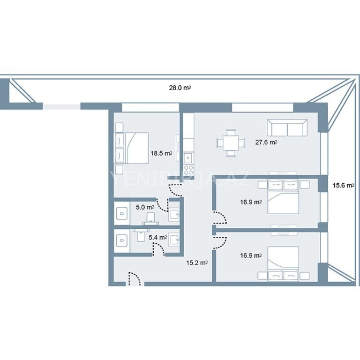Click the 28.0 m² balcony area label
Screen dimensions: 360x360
click(180, 88)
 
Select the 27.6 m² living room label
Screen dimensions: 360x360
click(266, 142)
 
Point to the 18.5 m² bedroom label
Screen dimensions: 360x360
click(161, 153)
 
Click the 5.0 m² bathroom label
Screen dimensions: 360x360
click(145, 207)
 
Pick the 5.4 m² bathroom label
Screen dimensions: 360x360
click(157, 237)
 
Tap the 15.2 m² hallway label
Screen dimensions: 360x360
click(197, 263)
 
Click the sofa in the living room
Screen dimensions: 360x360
click(287, 128)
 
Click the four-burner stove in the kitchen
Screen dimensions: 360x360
click(188, 170)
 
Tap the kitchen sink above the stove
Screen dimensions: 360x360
click(188, 157)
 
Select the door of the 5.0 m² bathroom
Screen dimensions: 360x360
click(162, 205)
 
